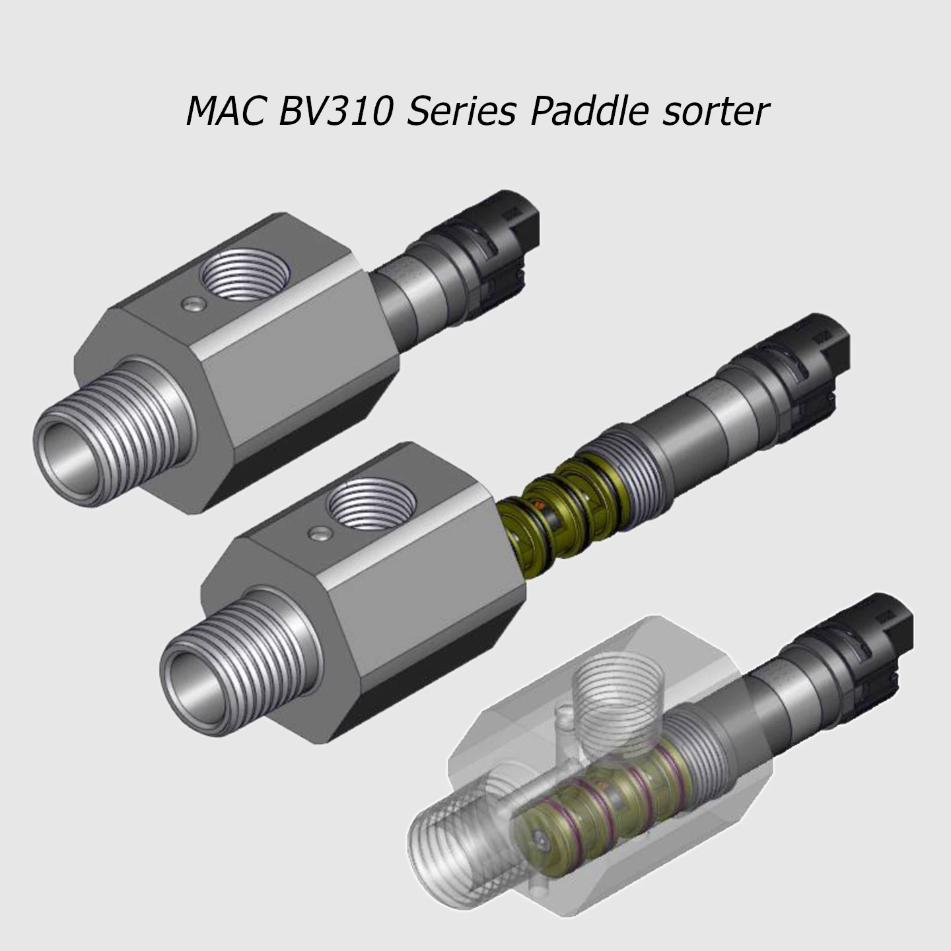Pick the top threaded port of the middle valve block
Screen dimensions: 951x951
372,507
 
